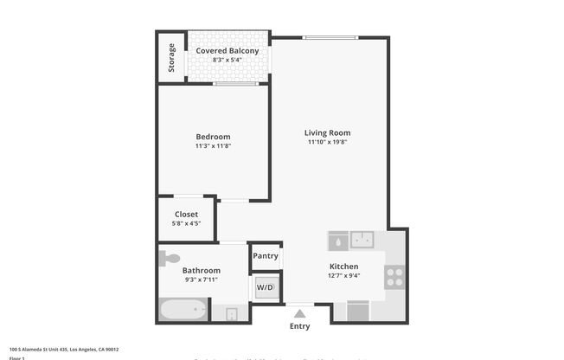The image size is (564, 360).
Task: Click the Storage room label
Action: click(171, 58)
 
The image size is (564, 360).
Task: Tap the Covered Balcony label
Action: click(227, 51)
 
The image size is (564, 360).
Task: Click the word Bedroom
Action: click(213, 137)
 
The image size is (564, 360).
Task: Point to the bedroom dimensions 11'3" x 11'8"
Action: click(213, 146)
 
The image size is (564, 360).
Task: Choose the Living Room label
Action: click(327, 132)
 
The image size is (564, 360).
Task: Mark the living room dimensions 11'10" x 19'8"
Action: click(327, 142)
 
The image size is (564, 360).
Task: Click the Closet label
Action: click(186, 214)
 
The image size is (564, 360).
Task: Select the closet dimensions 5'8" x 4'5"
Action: click(186, 223)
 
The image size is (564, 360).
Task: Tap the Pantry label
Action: click(266, 256)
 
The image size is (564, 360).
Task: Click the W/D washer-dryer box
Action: click(266, 287)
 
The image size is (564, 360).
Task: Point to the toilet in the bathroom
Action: click(170, 257)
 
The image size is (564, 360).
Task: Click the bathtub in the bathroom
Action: click(183, 310)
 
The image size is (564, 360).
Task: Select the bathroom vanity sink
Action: click(231, 313)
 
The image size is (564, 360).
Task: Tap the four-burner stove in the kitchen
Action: click(394, 276)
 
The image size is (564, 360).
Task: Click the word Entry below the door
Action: click(299, 326)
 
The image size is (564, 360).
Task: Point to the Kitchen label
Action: click(343, 267)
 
